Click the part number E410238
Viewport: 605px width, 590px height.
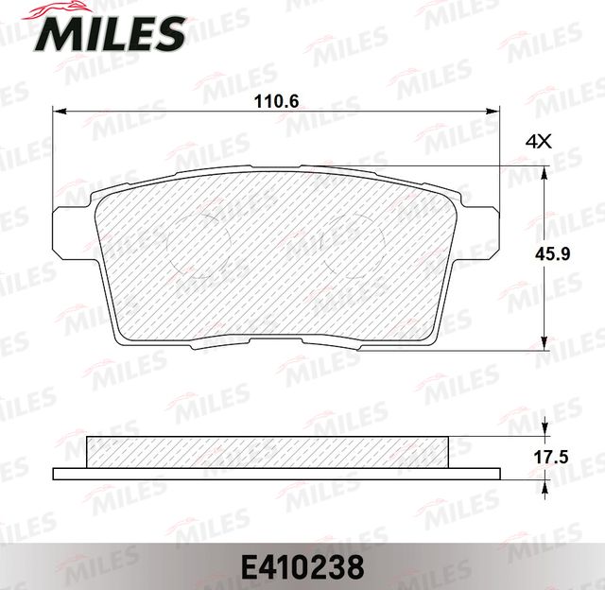pos(302,567)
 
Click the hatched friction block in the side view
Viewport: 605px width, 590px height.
pos(266,452)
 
